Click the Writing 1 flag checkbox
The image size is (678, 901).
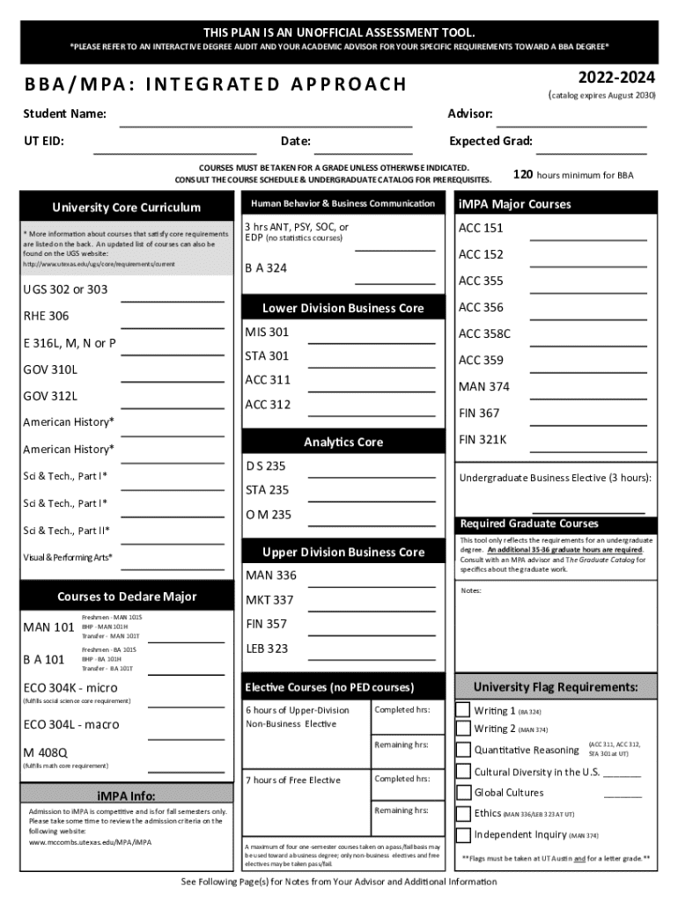(463, 710)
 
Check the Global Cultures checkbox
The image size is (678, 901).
(463, 793)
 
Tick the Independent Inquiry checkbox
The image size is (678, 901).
(463, 835)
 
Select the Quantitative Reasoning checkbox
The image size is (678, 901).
(463, 750)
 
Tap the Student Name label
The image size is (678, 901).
(65, 114)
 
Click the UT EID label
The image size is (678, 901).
(43, 141)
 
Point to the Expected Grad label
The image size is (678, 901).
(490, 141)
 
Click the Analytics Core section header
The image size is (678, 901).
(343, 442)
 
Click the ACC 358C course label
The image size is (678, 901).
(484, 333)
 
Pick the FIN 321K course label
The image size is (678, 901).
(483, 439)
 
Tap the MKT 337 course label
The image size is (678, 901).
(269, 600)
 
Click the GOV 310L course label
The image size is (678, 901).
(50, 370)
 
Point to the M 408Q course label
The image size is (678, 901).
(45, 752)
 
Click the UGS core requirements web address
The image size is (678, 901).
(99, 264)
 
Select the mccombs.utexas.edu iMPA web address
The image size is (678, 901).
(90, 842)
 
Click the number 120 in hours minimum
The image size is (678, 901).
(523, 174)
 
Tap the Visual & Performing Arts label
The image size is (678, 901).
(68, 557)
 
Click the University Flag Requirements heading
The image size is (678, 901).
(556, 687)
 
